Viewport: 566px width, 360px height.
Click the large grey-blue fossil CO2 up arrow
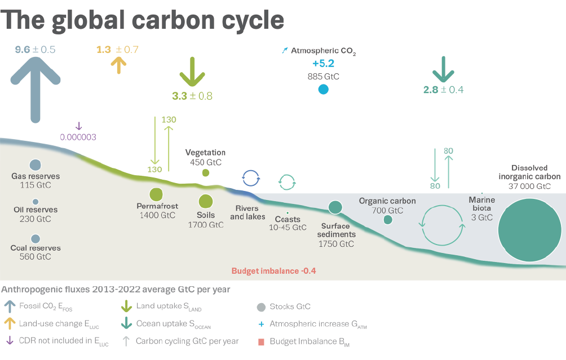(36, 90)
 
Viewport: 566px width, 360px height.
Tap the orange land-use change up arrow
(118, 66)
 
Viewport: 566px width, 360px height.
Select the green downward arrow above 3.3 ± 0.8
(192, 72)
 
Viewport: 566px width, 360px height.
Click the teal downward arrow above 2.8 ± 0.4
(443, 69)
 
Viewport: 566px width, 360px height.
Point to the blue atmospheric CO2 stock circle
(324, 89)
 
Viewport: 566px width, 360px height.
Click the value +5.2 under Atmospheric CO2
(324, 64)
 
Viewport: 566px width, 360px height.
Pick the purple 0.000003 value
(78, 137)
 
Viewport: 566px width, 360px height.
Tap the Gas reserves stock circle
(36, 165)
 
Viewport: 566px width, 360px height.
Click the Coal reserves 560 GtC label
(36, 252)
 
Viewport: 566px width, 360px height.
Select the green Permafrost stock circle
(156, 194)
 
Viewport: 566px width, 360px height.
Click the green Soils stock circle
(205, 201)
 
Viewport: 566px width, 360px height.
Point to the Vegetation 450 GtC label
(205, 157)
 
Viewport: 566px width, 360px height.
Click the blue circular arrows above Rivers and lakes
(251, 178)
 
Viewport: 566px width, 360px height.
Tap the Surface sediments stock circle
(335, 207)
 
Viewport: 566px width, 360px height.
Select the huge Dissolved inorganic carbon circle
(529, 230)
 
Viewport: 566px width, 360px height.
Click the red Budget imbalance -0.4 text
(273, 271)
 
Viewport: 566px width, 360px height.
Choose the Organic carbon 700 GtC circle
(388, 220)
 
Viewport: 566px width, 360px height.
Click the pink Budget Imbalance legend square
(262, 341)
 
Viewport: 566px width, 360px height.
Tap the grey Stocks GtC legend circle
(261, 308)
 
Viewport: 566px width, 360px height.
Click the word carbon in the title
(173, 20)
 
